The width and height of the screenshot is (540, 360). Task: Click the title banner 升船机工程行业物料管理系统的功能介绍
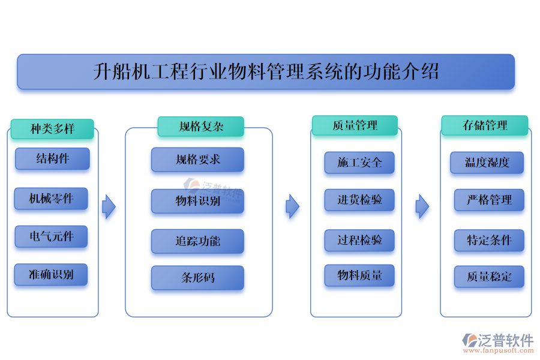(266, 72)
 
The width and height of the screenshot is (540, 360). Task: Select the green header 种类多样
(52, 129)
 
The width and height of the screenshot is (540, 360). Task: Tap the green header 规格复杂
(201, 127)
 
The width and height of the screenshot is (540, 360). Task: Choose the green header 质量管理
(355, 125)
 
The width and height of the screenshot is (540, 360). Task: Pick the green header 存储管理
(485, 125)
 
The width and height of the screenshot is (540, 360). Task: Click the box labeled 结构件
(52, 159)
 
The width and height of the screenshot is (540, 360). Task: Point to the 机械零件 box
(52, 199)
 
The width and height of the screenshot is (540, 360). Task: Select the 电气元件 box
(52, 236)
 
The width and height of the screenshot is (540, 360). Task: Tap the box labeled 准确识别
(52, 275)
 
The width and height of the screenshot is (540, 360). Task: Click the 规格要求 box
(197, 160)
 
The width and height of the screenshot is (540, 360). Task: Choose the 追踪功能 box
(197, 241)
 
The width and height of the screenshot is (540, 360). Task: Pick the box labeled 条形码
(197, 278)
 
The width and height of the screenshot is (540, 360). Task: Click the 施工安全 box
(359, 163)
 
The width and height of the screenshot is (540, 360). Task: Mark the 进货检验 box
(359, 200)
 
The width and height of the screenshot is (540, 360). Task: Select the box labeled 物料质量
(359, 275)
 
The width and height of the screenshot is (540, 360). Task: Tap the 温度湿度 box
(487, 163)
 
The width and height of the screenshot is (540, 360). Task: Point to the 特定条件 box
(489, 241)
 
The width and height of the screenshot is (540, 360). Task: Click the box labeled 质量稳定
(489, 277)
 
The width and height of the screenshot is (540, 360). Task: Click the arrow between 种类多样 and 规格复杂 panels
(109, 206)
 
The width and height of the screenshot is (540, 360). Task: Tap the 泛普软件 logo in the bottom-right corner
(497, 343)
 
